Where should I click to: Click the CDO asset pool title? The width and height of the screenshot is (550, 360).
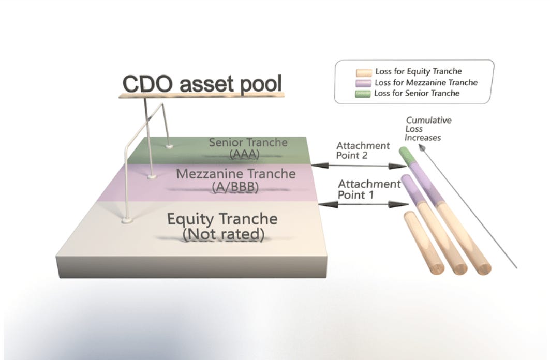pyautogui.click(x=202, y=85)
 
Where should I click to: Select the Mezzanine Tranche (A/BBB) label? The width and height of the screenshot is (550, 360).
pyautogui.click(x=235, y=179)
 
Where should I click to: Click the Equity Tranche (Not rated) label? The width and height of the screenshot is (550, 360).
pyautogui.click(x=222, y=226)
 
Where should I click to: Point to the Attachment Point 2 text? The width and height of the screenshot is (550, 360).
pyautogui.click(x=363, y=151)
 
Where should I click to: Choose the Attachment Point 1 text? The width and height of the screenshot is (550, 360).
pyautogui.click(x=369, y=189)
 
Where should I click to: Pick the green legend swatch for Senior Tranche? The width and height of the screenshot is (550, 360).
pyautogui.click(x=364, y=94)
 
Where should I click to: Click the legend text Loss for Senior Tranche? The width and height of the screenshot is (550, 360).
pyautogui.click(x=417, y=94)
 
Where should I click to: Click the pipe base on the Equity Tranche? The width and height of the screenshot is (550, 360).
pyautogui.click(x=127, y=221)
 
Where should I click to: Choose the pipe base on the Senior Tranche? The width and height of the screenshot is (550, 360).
pyautogui.click(x=169, y=146)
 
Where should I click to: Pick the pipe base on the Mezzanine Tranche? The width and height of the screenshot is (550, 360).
pyautogui.click(x=152, y=176)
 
